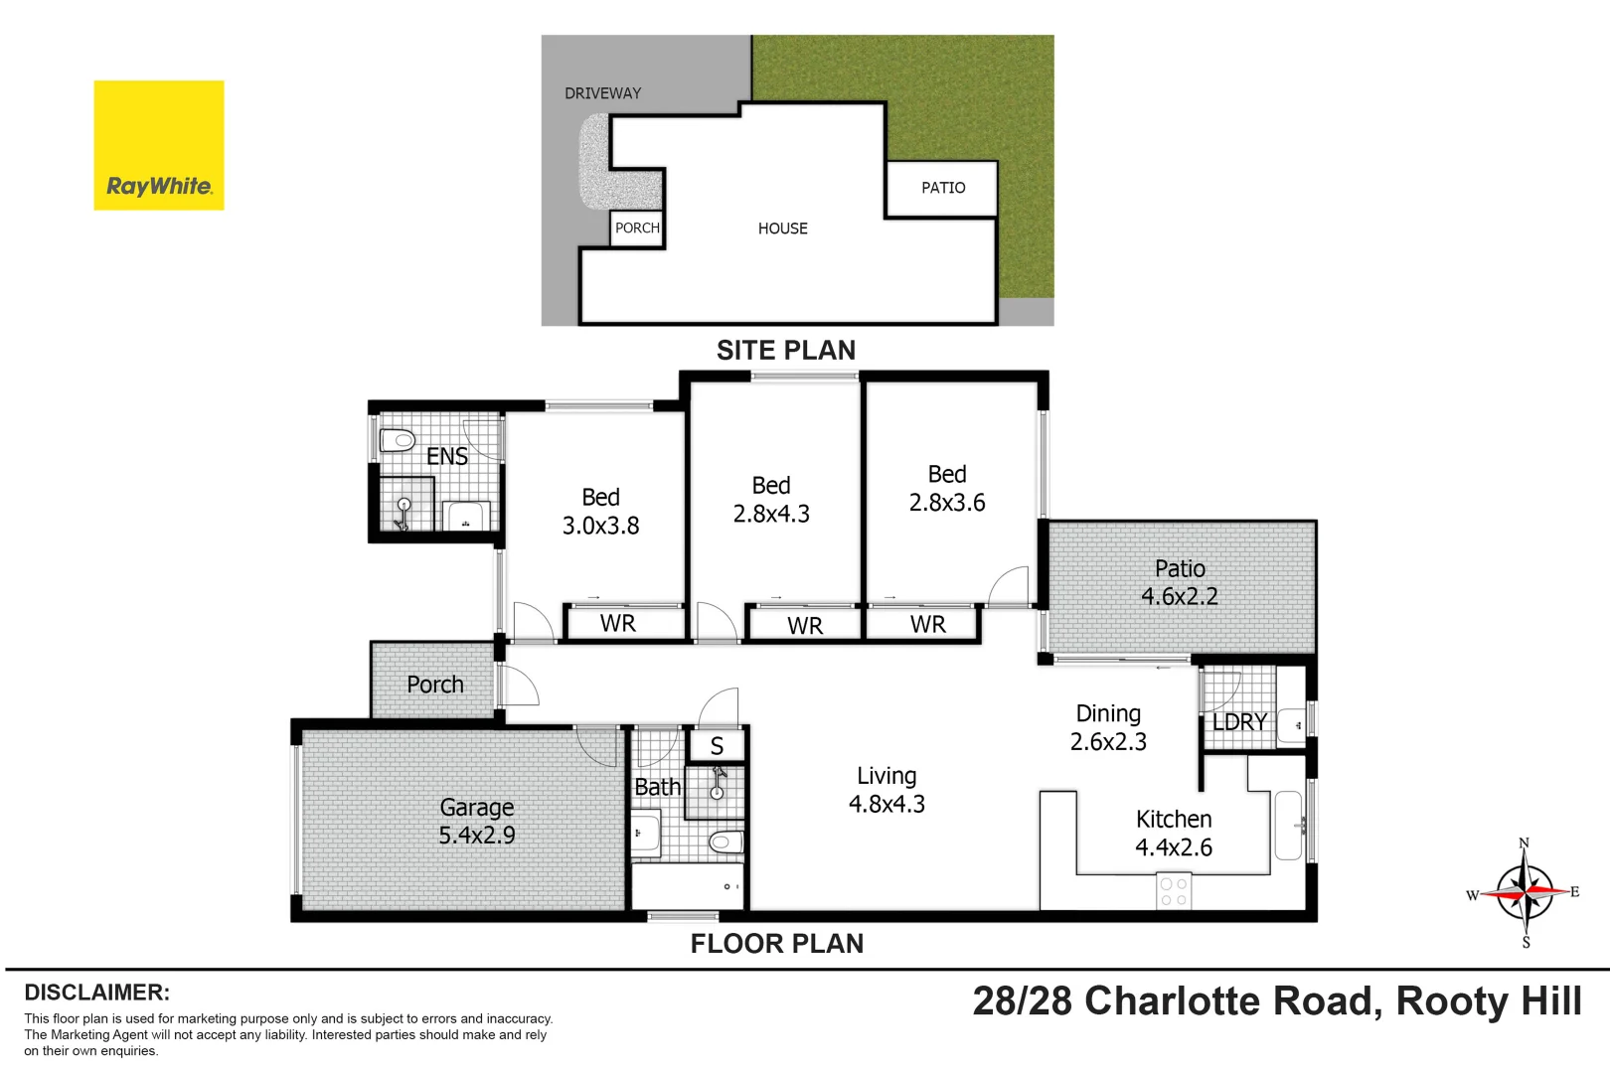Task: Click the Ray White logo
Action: (x=159, y=145)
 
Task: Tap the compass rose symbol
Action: (x=1525, y=892)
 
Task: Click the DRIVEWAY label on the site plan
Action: (x=602, y=93)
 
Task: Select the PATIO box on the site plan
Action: (x=942, y=188)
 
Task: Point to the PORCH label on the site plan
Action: (x=637, y=228)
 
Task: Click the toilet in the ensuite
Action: (x=398, y=440)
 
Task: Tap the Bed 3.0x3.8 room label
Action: (x=600, y=512)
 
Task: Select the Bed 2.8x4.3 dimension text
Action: (x=771, y=514)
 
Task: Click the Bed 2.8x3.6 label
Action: (x=947, y=489)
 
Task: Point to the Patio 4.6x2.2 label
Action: (x=1180, y=582)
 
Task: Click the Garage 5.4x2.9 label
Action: (x=477, y=822)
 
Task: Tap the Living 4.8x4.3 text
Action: (x=886, y=790)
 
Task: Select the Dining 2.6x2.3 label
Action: (x=1108, y=727)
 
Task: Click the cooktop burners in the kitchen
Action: (x=1174, y=891)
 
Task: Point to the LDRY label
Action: (x=1239, y=722)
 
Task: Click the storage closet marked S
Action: (x=717, y=746)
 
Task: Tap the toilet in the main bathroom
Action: (x=726, y=843)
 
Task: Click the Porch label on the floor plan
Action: (x=435, y=685)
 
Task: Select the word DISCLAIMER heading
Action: (x=96, y=993)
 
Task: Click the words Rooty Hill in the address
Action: (x=1488, y=1001)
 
